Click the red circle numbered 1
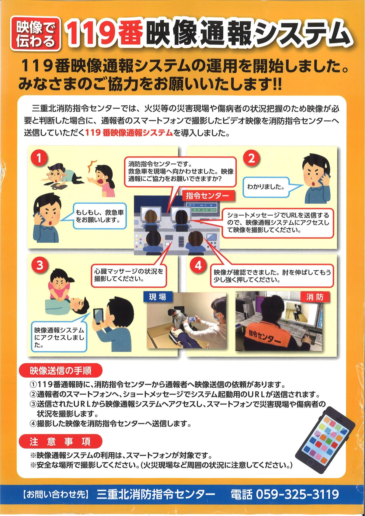coord(39,158)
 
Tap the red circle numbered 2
coord(252,158)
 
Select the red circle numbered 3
coord(40,265)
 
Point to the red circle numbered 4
coord(198,266)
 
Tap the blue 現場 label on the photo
coord(158,297)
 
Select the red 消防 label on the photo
coord(315,297)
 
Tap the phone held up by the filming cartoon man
coord(98,316)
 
